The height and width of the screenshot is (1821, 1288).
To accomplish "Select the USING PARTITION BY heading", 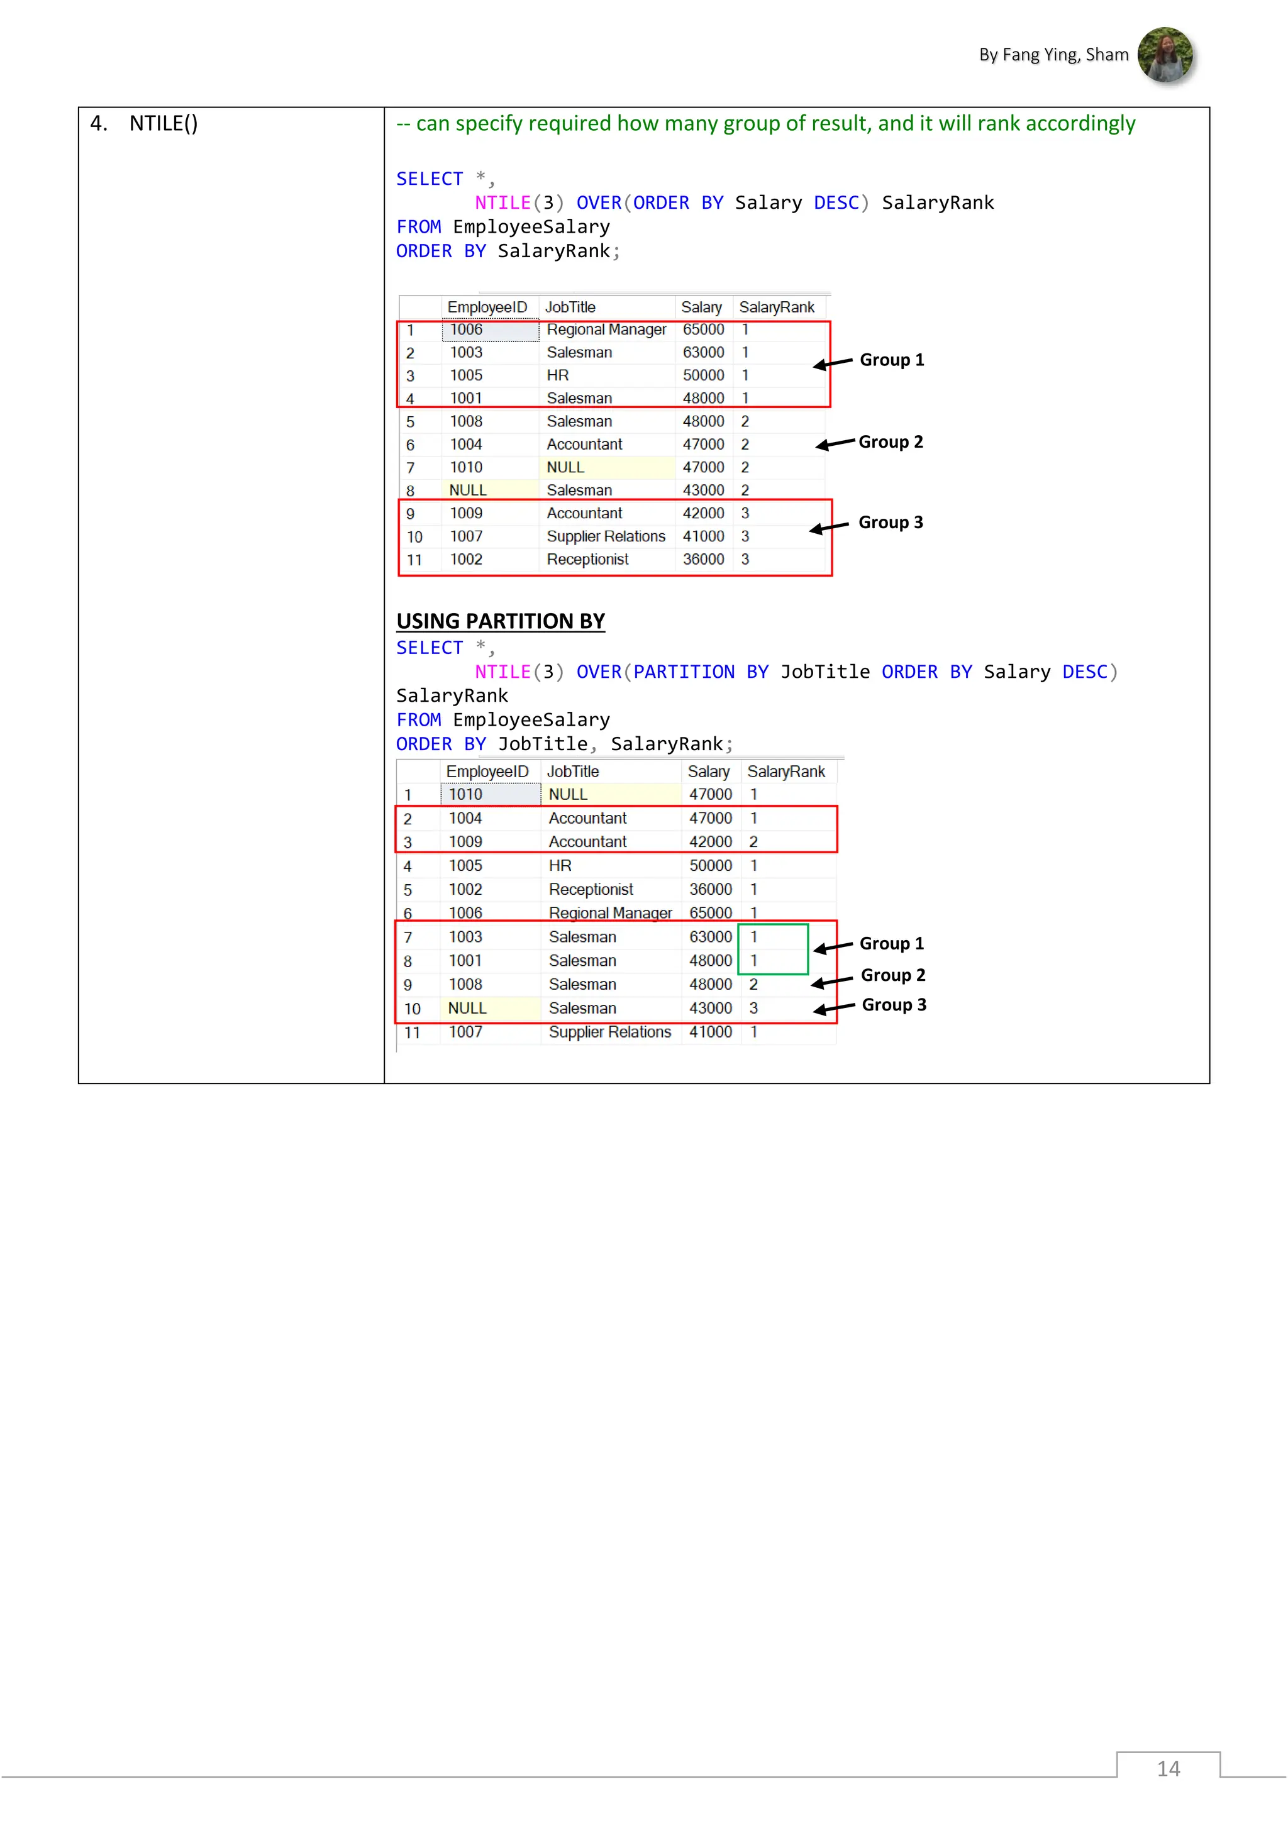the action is pyautogui.click(x=501, y=621).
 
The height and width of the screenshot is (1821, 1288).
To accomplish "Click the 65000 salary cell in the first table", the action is pyautogui.click(x=702, y=330).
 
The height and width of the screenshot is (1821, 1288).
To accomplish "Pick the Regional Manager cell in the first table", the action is pyautogui.click(x=606, y=330).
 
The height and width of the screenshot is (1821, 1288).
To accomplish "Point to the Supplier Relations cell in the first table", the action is pyautogui.click(x=606, y=537).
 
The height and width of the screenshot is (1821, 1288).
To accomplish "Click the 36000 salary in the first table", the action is pyautogui.click(x=702, y=560).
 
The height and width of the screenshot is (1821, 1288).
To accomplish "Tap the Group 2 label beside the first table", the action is pyautogui.click(x=891, y=442).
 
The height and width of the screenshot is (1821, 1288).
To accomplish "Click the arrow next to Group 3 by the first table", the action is pyautogui.click(x=829, y=528).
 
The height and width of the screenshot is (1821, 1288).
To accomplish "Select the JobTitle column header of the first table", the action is pyautogui.click(x=570, y=307).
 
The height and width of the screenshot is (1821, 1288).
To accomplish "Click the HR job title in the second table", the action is pyautogui.click(x=560, y=866).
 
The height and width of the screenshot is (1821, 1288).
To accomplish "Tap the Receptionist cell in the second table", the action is pyautogui.click(x=591, y=890).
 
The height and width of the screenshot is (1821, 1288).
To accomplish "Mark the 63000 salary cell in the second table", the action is pyautogui.click(x=710, y=938).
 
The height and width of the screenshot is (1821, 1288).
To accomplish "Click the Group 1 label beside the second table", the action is pyautogui.click(x=891, y=944).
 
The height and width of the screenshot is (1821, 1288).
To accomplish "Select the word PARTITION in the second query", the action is pyautogui.click(x=684, y=673).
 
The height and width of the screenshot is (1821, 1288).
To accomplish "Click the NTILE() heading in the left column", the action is pyautogui.click(x=164, y=124).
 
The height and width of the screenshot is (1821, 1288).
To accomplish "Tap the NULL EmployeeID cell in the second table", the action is pyautogui.click(x=467, y=1009).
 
